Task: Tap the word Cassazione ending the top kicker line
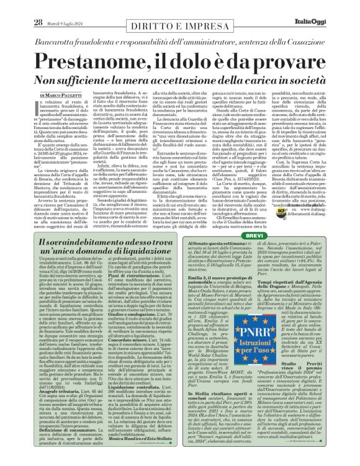tap(305, 24)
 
